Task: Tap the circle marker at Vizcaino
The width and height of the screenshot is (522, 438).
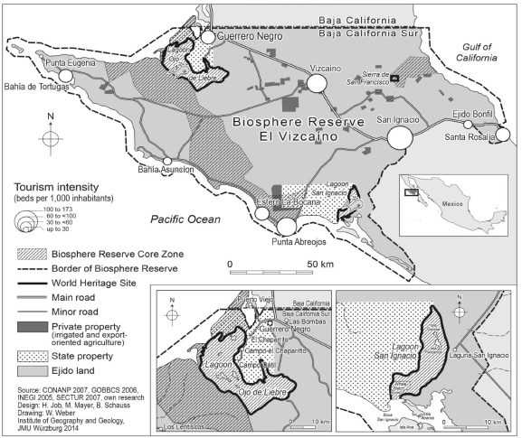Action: click(318, 84)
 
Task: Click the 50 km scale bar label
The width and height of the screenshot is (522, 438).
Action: click(318, 264)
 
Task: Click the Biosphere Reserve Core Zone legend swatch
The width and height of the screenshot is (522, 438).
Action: click(28, 255)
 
